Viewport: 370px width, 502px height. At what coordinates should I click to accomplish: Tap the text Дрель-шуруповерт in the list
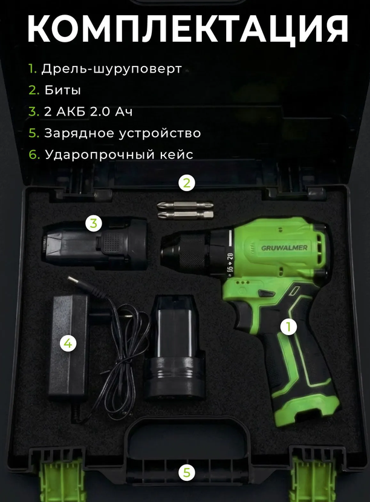pos(111,69)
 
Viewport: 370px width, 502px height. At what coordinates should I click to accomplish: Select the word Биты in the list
pos(62,90)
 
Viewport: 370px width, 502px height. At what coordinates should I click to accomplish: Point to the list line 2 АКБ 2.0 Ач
pos(88,111)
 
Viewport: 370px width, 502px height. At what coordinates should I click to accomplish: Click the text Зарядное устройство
pos(123,133)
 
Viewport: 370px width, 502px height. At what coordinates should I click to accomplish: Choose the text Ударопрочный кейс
pos(118,154)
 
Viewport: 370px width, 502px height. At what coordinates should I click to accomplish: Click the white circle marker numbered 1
pos(289,327)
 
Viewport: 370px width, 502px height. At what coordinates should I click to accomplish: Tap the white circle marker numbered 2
pos(187,183)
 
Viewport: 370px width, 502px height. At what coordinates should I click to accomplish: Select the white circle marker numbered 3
pos(94,223)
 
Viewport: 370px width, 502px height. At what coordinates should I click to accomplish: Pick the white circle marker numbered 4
pos(68,344)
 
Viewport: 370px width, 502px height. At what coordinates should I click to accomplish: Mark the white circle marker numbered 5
pos(187,472)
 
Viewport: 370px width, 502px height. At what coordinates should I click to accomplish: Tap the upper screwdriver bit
pos(184,205)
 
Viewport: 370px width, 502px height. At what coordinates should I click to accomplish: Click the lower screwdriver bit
pos(186,214)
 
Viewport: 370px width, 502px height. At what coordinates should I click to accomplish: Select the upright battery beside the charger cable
pos(175,348)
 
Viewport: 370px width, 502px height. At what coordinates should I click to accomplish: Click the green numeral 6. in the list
pos(34,154)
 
